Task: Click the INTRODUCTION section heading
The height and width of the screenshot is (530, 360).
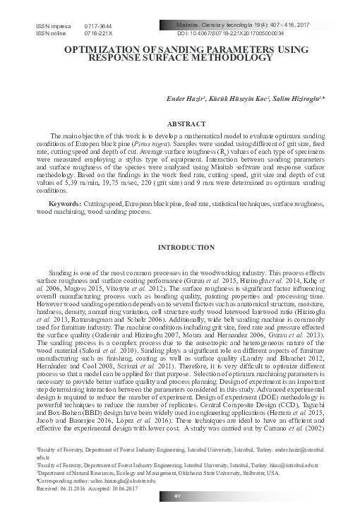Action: click(180, 248)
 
